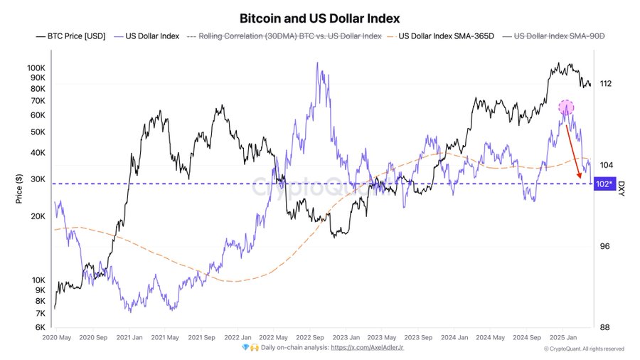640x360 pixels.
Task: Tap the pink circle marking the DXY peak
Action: [x=566, y=107]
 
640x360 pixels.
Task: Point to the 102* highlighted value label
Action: [x=603, y=184]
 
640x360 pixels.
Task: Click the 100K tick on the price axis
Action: [x=37, y=68]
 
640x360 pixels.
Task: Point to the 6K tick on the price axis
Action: [x=41, y=327]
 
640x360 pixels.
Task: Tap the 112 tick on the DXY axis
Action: [x=606, y=84]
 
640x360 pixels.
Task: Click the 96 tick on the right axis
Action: [x=604, y=246]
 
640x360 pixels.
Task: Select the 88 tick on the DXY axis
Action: [x=604, y=327]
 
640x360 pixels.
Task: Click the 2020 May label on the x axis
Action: [x=57, y=338]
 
